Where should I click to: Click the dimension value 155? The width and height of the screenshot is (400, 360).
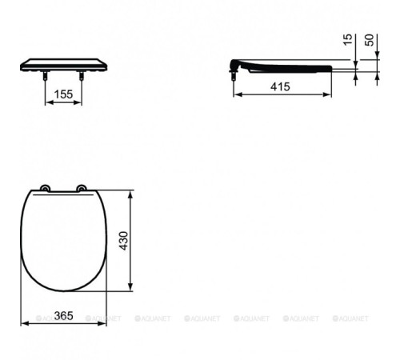tap(63, 94)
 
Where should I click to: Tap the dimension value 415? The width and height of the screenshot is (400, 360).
tap(280, 86)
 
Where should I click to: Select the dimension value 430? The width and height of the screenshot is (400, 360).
tap(123, 241)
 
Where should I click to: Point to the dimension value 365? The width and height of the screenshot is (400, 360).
tap(63, 316)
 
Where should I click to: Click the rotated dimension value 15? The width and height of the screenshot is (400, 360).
tap(347, 40)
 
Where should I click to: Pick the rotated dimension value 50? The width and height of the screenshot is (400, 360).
tap(370, 40)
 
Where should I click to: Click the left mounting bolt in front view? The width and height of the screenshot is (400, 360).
tap(46, 75)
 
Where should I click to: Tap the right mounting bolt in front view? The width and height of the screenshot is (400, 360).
tap(82, 75)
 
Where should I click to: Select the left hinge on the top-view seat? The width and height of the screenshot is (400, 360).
tap(45, 188)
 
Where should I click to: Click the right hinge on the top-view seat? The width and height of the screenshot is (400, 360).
tap(82, 188)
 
